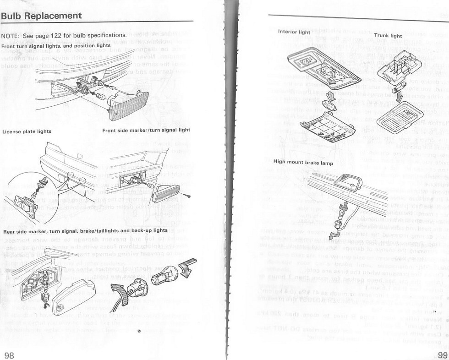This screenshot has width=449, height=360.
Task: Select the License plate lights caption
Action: click(27, 131)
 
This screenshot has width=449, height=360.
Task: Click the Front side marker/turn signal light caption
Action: click(146, 130)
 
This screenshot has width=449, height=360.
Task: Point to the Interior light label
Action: click(294, 32)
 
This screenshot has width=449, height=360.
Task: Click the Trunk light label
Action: click(388, 35)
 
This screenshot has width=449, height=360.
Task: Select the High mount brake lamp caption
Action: click(302, 162)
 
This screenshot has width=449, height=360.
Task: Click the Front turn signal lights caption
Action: click(55, 46)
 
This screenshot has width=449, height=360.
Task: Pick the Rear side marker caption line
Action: click(85, 230)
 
